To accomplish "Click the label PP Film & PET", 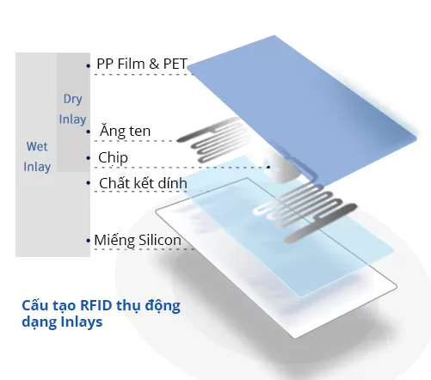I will (x=142, y=64).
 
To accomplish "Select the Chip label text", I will (x=113, y=157).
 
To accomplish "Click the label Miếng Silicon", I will (x=138, y=241).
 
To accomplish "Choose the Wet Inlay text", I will (x=37, y=156).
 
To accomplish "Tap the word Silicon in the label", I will (x=160, y=241).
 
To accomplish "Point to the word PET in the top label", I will (x=172, y=64).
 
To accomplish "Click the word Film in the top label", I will (x=130, y=64).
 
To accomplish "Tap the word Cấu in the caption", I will (x=34, y=305).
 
